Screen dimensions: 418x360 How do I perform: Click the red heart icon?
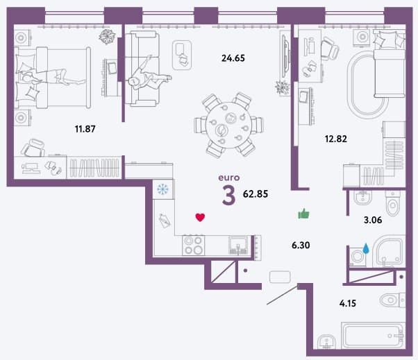(x=200, y=217)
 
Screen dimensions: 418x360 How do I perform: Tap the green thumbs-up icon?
(x=304, y=214)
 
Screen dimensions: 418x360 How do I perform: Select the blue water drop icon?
(x=367, y=248)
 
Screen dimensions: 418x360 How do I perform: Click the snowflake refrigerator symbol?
(x=162, y=189)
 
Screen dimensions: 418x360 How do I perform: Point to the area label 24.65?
(x=233, y=58)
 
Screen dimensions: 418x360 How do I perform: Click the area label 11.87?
(x=85, y=129)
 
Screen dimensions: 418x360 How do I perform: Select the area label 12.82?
(x=336, y=139)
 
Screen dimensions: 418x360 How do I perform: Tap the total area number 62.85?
(x=256, y=194)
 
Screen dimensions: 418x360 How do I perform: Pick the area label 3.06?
(x=373, y=220)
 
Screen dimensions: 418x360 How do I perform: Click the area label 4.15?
(x=348, y=303)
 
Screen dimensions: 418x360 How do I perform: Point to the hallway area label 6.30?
(x=301, y=245)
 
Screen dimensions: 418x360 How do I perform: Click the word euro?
(x=228, y=178)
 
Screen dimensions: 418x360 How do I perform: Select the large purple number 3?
(x=228, y=195)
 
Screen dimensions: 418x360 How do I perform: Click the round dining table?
(x=228, y=125)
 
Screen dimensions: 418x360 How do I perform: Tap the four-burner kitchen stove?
(x=194, y=246)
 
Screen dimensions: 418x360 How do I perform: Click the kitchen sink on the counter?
(x=238, y=246)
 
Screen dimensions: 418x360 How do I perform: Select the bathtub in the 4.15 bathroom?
(x=373, y=335)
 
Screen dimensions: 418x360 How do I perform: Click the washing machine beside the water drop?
(x=356, y=257)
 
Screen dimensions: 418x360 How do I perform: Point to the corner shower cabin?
(x=389, y=252)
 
